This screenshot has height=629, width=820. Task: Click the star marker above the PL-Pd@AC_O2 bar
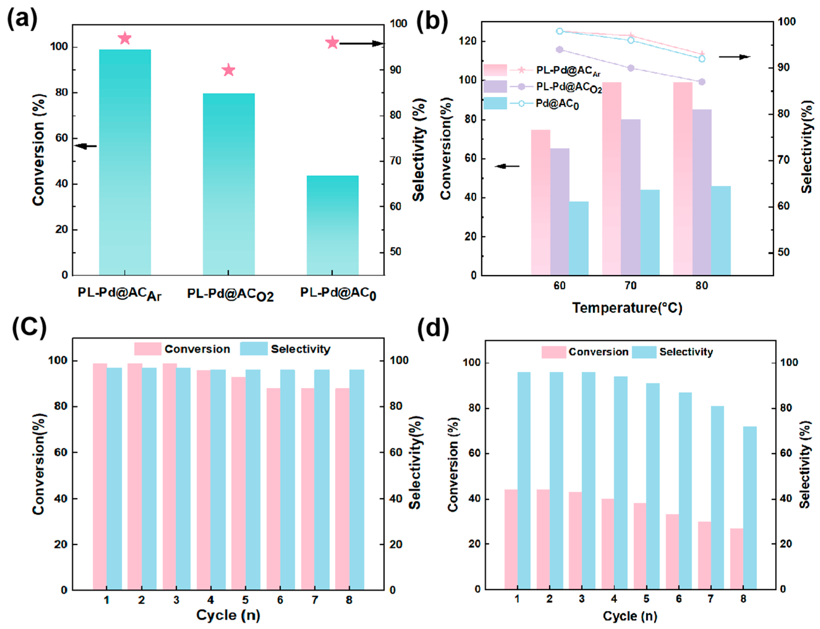coord(228,70)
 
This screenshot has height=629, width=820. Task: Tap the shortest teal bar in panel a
coord(332,225)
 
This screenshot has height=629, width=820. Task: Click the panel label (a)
coord(23,19)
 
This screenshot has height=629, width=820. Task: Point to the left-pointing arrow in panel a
coord(86,146)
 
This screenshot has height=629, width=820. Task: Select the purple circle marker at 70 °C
coord(630,68)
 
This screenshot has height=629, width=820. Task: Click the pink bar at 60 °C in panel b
coord(540,202)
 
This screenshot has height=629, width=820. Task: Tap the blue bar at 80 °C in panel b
coord(721,230)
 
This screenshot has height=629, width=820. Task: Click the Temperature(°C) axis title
coord(627,308)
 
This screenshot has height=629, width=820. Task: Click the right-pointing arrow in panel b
coord(734,57)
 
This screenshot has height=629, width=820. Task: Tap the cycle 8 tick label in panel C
coord(349,600)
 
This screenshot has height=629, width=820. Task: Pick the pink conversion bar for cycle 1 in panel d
coord(511,539)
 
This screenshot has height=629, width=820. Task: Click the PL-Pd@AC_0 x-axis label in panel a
coord(338,294)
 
